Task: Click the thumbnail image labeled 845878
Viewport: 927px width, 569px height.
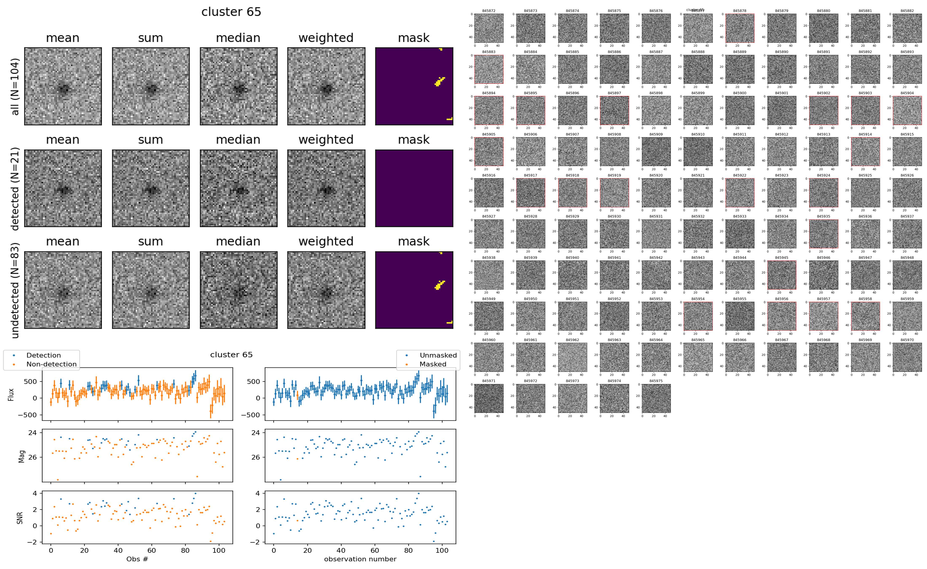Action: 739,28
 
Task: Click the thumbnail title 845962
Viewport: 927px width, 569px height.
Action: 572,340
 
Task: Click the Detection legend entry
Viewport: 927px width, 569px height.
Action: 43,355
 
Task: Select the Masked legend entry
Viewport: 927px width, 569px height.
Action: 432,364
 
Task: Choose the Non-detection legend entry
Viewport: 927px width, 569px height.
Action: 51,364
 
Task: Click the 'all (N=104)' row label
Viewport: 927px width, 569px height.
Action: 15,86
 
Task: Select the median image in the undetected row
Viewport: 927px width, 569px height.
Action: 238,290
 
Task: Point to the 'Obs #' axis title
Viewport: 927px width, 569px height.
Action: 137,559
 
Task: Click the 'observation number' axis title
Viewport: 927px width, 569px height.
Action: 360,559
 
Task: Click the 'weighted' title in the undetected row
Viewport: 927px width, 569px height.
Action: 326,241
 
